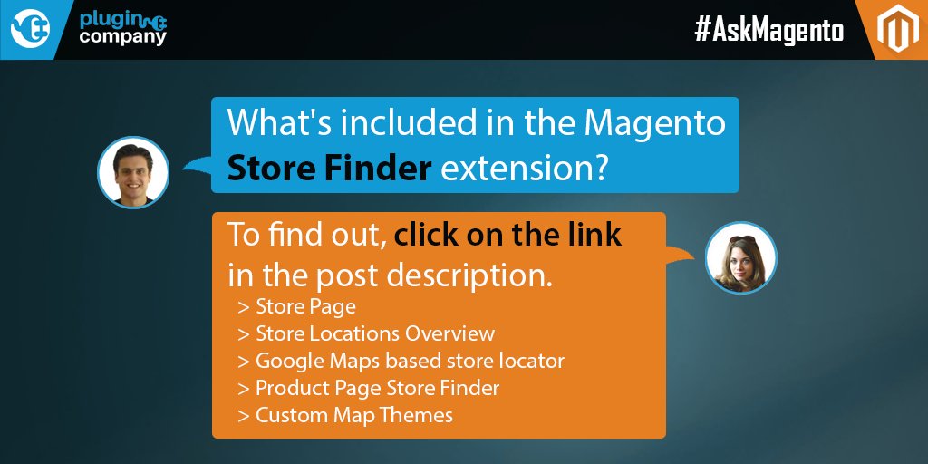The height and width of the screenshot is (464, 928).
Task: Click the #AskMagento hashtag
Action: click(x=768, y=31)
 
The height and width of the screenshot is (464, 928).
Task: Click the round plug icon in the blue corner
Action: click(x=29, y=29)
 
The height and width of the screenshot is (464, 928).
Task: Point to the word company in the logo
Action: click(x=122, y=38)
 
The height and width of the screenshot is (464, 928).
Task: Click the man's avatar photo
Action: click(x=133, y=171)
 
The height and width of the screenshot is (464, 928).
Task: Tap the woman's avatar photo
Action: click(x=740, y=257)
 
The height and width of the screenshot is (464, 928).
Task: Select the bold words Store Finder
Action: click(x=329, y=168)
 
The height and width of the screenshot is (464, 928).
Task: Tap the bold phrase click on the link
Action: click(x=507, y=235)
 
